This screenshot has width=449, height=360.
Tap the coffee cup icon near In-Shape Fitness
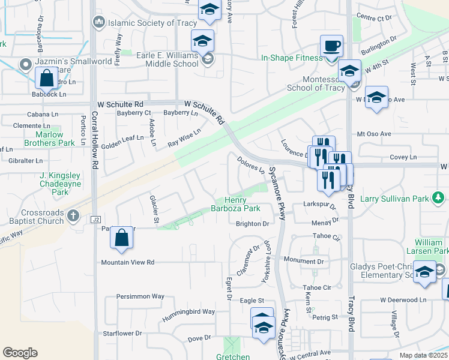(x=331, y=46)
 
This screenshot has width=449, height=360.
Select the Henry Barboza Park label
(x=244, y=204)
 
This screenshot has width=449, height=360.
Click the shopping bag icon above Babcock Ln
(x=46, y=78)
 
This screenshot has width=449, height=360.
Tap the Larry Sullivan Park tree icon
(x=439, y=197)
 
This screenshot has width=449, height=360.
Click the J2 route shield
(x=95, y=220)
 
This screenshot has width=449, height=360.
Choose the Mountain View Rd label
(x=128, y=262)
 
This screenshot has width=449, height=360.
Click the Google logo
(x=20, y=352)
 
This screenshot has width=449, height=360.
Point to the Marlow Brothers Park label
(x=50, y=139)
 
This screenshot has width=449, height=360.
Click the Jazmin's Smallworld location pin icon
(x=25, y=64)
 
